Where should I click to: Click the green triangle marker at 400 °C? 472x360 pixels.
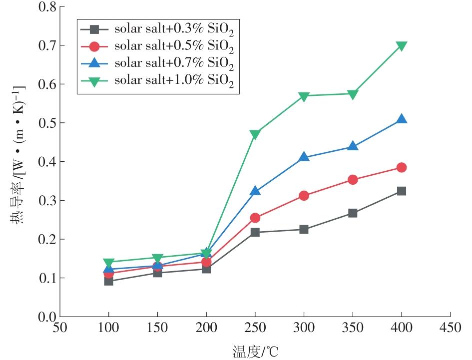tap(402, 46)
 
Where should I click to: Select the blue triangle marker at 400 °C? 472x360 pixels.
tap(402, 119)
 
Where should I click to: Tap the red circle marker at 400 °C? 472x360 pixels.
tap(402, 167)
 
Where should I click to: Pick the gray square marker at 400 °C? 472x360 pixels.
tap(402, 191)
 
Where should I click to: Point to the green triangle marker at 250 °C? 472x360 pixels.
tap(255, 134)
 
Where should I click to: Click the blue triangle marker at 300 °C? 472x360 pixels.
tap(304, 157)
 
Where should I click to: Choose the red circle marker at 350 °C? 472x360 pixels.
tap(353, 180)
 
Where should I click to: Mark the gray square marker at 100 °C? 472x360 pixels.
tap(108, 281)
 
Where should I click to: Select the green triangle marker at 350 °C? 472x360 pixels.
tap(353, 94)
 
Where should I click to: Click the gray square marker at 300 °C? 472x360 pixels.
tap(304, 230)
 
